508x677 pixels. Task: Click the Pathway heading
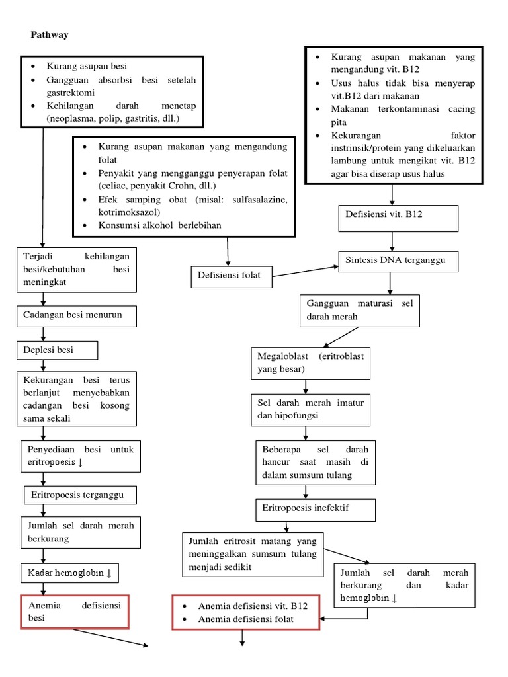50,35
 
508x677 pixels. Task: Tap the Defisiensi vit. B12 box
398,218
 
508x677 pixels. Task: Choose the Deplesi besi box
58,350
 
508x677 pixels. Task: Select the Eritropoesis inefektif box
315,510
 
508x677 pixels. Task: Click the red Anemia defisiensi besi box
74,612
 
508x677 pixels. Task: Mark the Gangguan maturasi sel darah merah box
359,311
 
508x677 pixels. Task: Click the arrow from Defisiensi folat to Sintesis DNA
306,271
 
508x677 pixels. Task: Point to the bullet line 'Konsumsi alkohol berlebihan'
159,225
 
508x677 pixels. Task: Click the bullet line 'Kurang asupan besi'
86,66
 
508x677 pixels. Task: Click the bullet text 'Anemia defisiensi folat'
245,619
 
